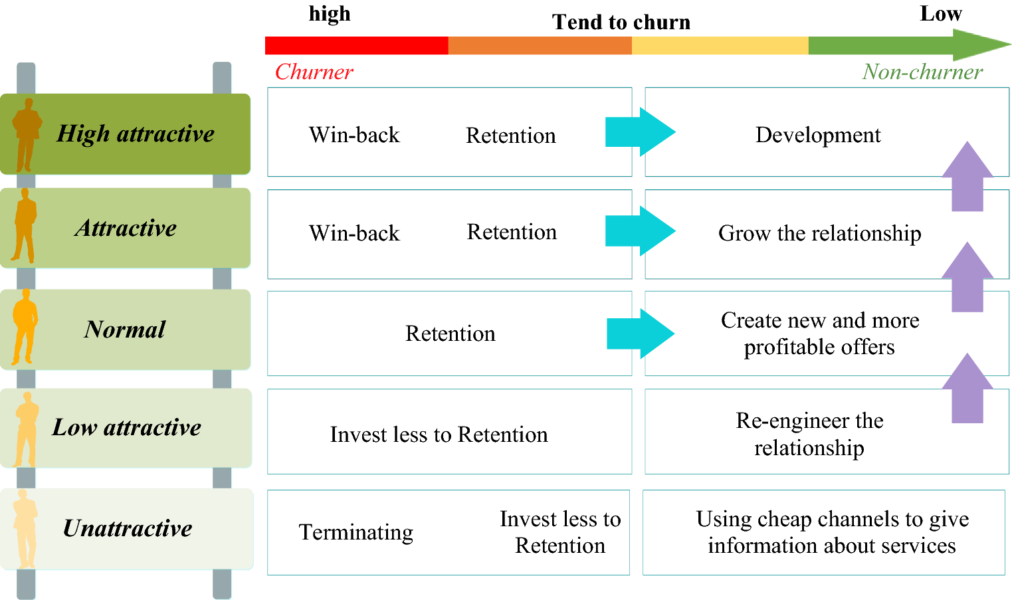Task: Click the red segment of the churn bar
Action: pyautogui.click(x=356, y=45)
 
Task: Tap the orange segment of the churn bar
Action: pyautogui.click(x=540, y=45)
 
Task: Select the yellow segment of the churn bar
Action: pyautogui.click(x=720, y=45)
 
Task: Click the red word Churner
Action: pyautogui.click(x=314, y=72)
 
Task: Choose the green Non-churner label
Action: pyautogui.click(x=922, y=72)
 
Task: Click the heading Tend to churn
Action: pyautogui.click(x=621, y=23)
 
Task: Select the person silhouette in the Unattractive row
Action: pyautogui.click(x=26, y=528)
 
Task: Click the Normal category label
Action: pyautogui.click(x=125, y=330)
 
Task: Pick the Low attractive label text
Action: pyautogui.click(x=126, y=427)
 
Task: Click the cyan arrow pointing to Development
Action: pyautogui.click(x=639, y=132)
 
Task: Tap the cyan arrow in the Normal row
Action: pyautogui.click(x=640, y=334)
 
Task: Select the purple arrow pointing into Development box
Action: pyautogui.click(x=967, y=176)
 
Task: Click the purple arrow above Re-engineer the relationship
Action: pyautogui.click(x=967, y=388)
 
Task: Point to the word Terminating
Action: pyautogui.click(x=356, y=532)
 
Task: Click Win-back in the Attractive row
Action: pyautogui.click(x=354, y=233)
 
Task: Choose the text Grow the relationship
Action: pyautogui.click(x=819, y=233)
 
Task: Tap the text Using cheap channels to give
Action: pyautogui.click(x=832, y=519)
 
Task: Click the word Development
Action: pyautogui.click(x=818, y=135)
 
